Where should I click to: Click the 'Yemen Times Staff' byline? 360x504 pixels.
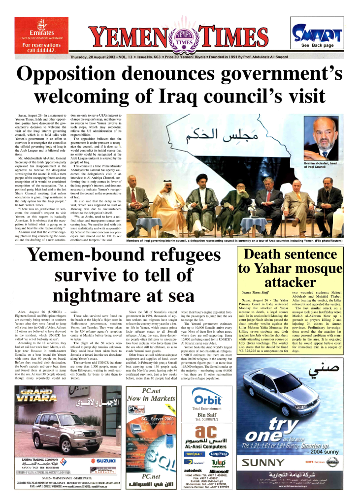click(x=256, y=292)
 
